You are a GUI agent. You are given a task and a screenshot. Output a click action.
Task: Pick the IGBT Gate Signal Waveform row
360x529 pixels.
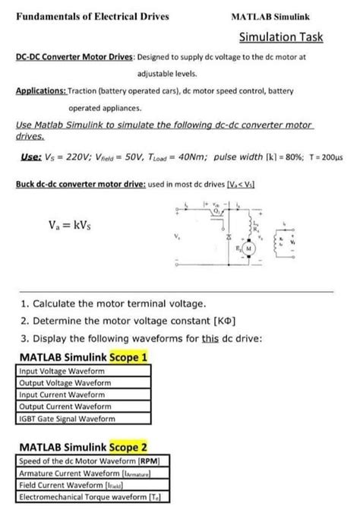click(x=66, y=419)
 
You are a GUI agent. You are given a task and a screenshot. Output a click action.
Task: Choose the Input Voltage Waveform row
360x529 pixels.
click(x=65, y=370)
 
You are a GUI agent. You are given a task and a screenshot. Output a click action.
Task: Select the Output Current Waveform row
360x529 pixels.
click(x=65, y=407)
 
